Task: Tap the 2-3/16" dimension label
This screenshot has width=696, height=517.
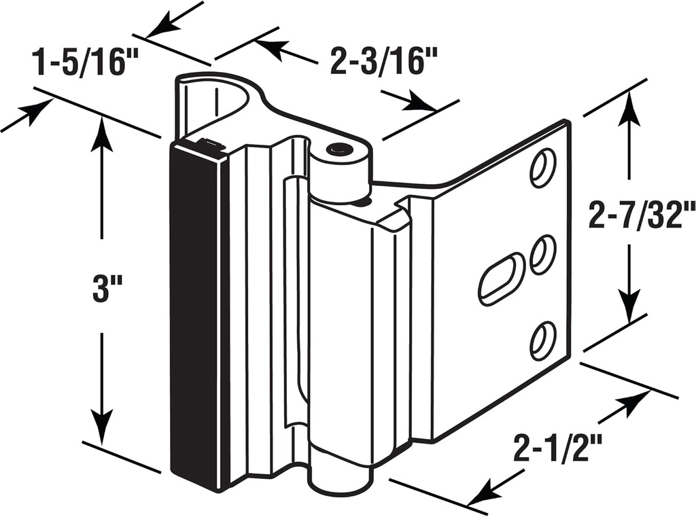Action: coord(382,61)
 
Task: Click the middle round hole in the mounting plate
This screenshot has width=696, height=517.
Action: coord(543,255)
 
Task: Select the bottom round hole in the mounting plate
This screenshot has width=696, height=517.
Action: coord(543,340)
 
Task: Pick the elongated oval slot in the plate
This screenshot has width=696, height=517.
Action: coord(502,279)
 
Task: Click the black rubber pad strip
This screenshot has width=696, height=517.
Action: coord(194,313)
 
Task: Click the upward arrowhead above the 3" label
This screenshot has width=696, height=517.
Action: coord(101,132)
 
